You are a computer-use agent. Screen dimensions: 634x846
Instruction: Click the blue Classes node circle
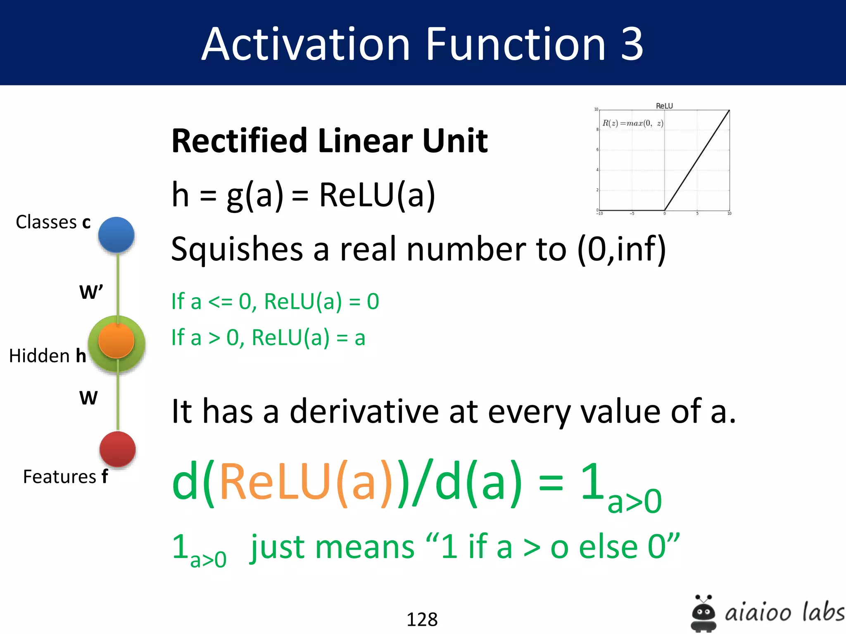[x=116, y=235]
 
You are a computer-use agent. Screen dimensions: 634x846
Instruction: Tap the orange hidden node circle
[x=116, y=341]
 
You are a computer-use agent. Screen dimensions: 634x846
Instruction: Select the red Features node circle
[x=117, y=449]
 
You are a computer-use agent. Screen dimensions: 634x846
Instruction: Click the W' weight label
[x=91, y=292]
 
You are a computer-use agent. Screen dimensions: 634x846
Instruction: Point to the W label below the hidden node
[x=88, y=398]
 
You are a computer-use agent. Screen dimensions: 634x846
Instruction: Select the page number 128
[x=422, y=619]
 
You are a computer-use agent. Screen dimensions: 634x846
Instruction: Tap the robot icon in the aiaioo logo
[x=703, y=613]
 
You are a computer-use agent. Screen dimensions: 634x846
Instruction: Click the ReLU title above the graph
[x=664, y=106]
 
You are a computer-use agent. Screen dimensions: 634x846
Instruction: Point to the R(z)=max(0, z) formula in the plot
[x=632, y=123]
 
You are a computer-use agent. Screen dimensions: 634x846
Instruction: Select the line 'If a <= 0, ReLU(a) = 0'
[x=275, y=301]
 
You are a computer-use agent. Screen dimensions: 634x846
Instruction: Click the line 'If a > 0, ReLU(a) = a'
[x=269, y=338]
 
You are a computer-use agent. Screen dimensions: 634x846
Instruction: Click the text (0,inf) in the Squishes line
[x=621, y=249]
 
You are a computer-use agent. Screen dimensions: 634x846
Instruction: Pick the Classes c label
[x=53, y=222]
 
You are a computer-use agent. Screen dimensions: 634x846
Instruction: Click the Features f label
[x=65, y=477]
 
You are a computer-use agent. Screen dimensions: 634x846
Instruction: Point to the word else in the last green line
[x=608, y=547]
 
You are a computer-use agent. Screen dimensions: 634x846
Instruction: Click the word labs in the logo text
[x=822, y=612]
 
